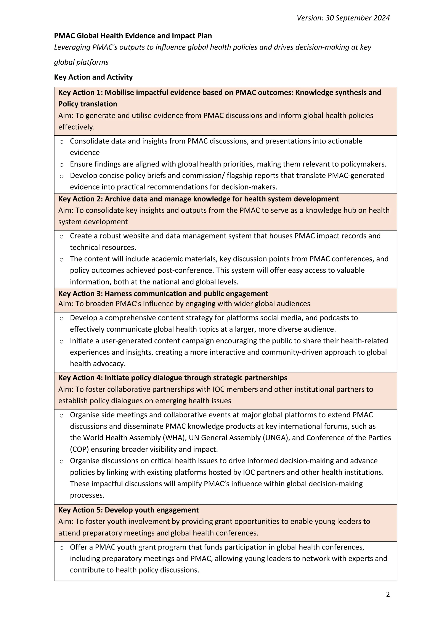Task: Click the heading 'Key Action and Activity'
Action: (93, 77)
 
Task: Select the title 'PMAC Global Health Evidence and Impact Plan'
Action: (133, 36)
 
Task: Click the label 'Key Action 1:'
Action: (80, 93)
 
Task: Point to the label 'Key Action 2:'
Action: (80, 199)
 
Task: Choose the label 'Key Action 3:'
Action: (80, 294)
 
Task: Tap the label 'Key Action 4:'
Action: (80, 378)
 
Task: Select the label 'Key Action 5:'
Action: (80, 510)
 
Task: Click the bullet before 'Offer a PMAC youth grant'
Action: (62, 548)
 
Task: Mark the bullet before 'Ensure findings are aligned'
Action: (62, 165)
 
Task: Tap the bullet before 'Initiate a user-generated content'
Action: (62, 341)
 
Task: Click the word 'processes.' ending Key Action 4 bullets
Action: (87, 495)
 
